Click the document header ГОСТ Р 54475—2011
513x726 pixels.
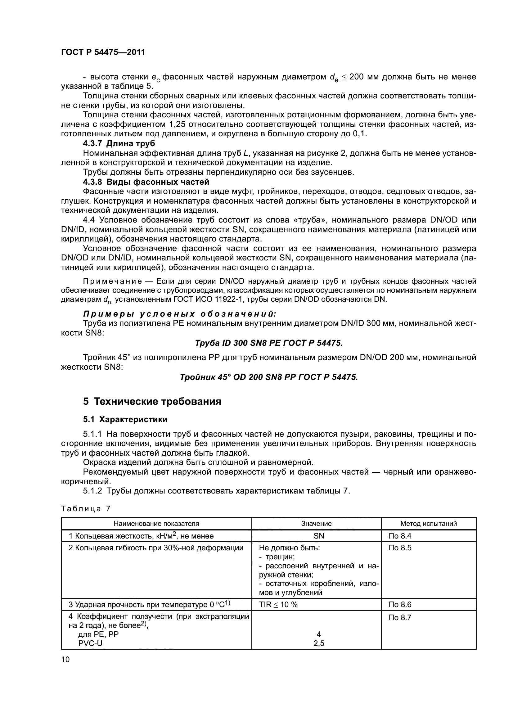[x=103, y=52]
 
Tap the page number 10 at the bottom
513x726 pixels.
[x=65, y=659]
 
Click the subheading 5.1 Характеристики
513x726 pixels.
[x=125, y=420]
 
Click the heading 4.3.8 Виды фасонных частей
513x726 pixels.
[x=146, y=182]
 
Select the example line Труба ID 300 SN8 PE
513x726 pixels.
[x=269, y=343]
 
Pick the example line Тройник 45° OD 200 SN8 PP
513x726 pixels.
[x=269, y=377]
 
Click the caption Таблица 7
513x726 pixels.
[x=86, y=509]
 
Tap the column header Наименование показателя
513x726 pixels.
[x=156, y=524]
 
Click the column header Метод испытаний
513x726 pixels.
[x=428, y=524]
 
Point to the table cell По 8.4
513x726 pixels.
[x=400, y=536]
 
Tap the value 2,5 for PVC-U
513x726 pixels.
[x=319, y=643]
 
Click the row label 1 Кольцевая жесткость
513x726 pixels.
[x=141, y=536]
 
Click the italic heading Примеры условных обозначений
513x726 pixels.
[x=179, y=314]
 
